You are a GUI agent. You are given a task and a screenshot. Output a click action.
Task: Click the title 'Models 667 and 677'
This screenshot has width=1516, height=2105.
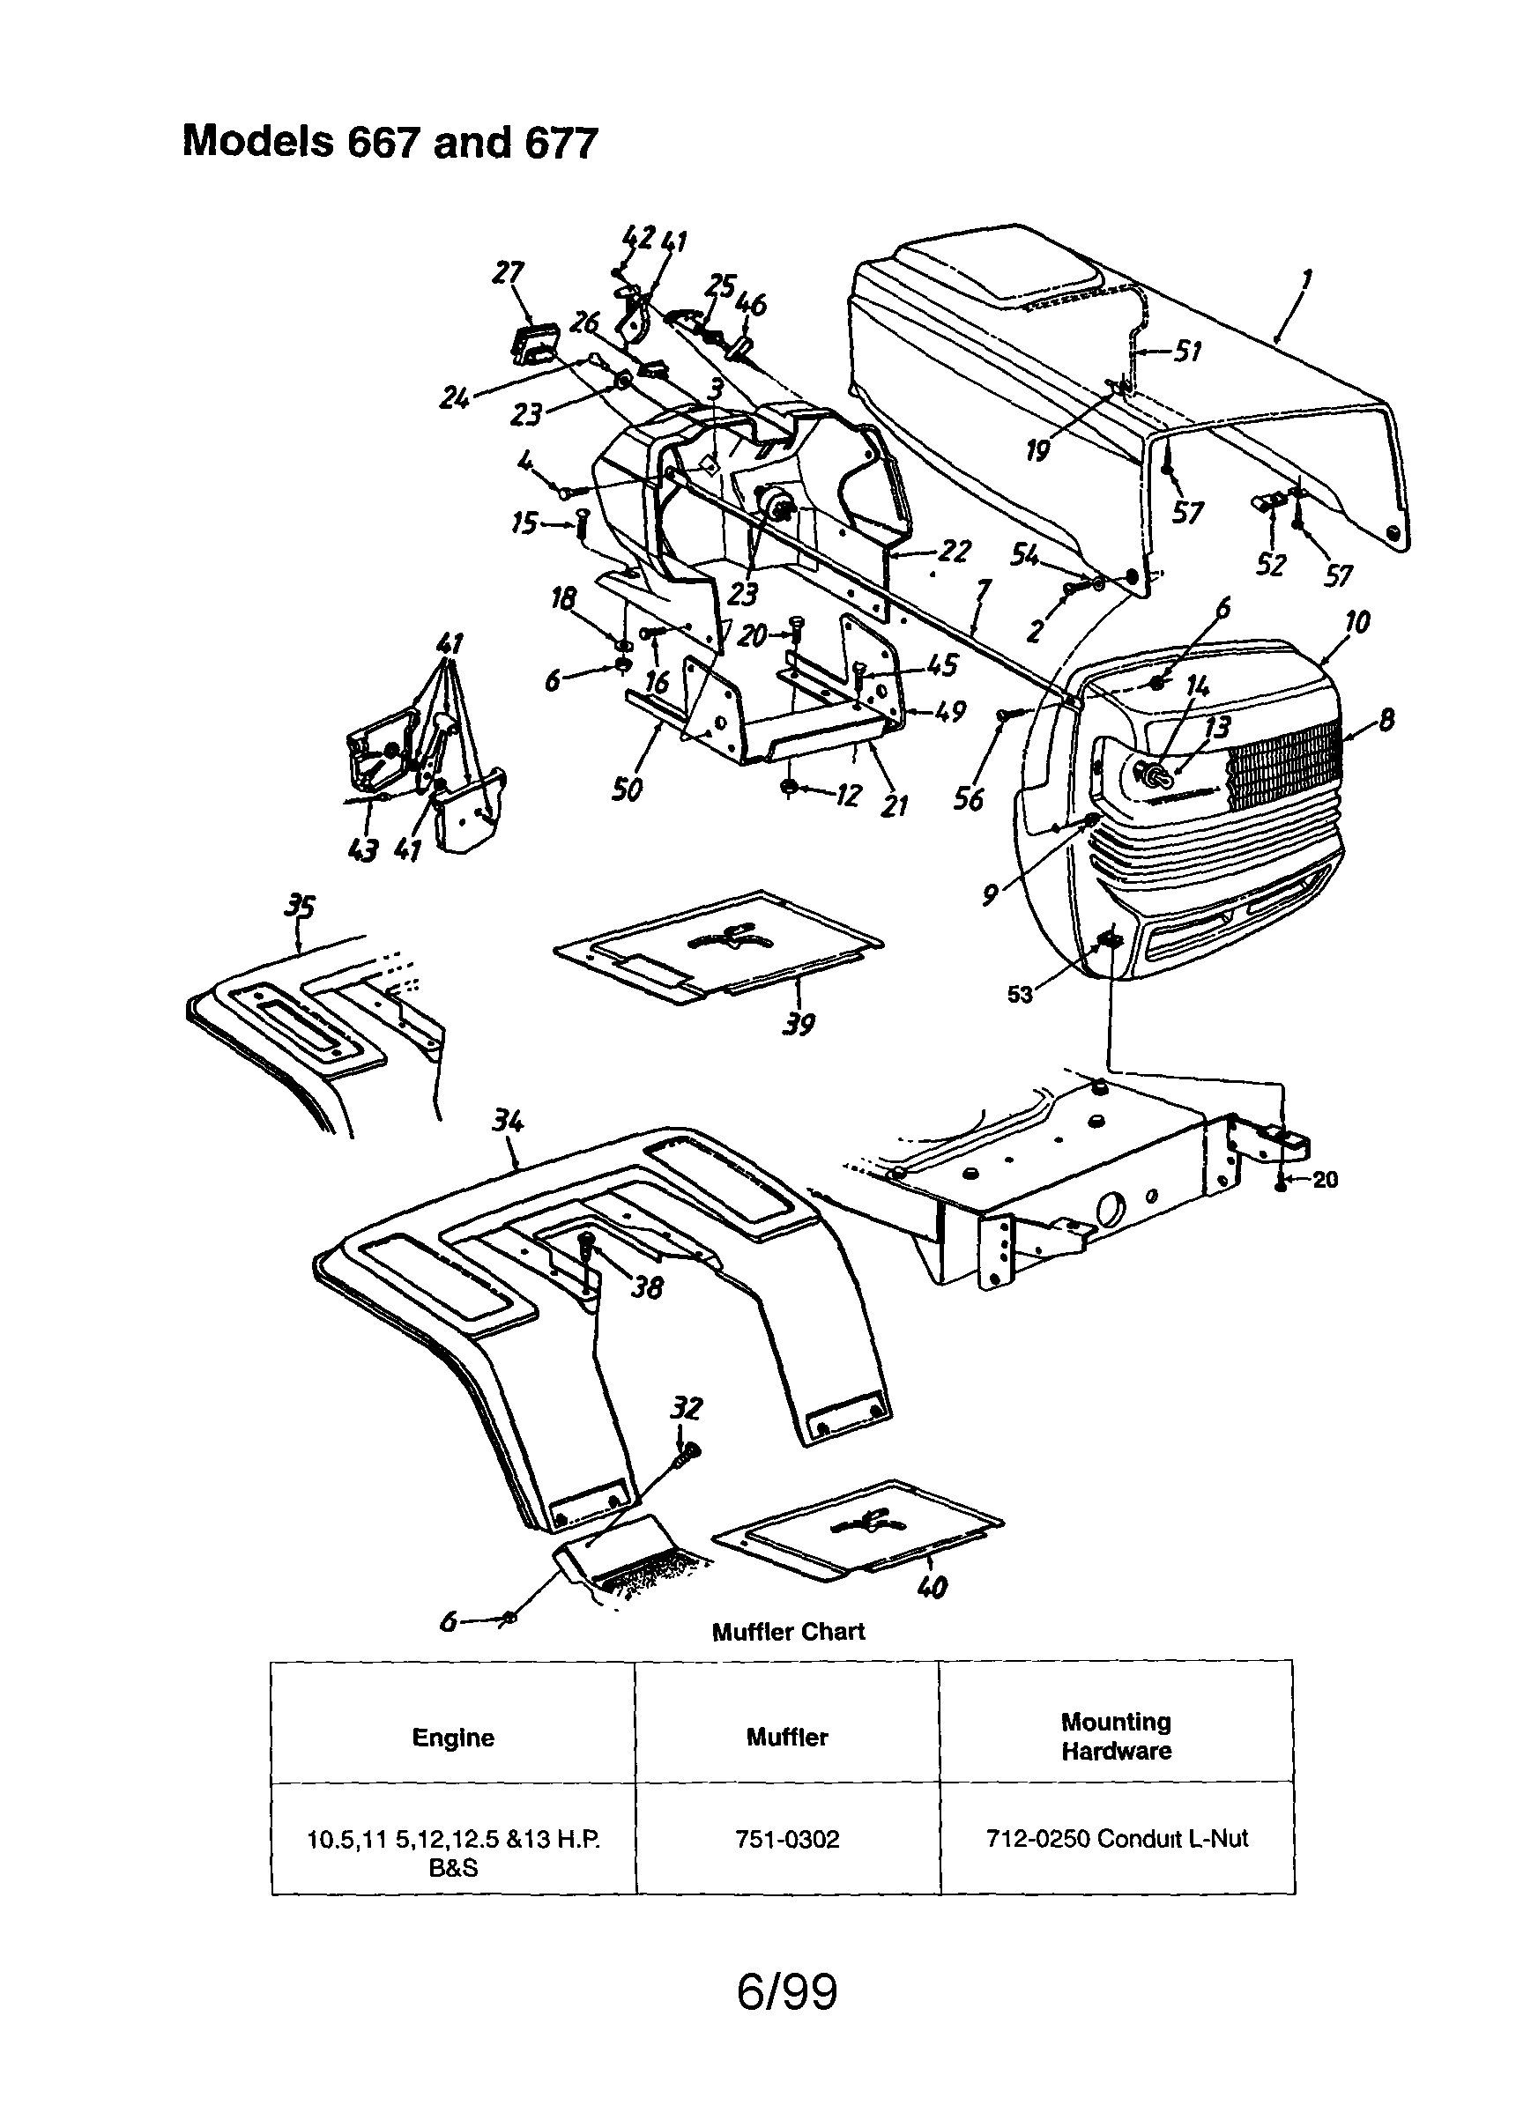(390, 143)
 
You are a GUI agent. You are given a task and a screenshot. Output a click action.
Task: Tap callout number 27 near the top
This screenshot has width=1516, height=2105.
(508, 273)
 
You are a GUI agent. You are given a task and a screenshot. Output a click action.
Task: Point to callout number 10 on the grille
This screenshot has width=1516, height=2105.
(1356, 622)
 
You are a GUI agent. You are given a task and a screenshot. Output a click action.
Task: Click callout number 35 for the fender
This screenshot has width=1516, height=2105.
(300, 906)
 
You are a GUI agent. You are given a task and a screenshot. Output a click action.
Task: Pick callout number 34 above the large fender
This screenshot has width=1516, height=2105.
(508, 1121)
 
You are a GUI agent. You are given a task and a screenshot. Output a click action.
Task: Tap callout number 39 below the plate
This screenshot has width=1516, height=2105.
(799, 1025)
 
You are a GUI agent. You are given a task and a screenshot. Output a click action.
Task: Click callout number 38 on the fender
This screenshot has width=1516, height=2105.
(647, 1287)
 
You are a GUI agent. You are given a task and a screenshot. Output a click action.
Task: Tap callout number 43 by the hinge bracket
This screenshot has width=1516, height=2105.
(363, 849)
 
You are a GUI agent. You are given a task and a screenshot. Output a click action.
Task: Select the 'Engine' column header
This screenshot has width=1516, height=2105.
(453, 1738)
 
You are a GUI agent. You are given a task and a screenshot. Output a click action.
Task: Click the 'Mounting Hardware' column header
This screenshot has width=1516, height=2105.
(1116, 1737)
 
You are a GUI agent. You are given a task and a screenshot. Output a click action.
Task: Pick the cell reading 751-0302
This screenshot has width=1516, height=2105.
(787, 1839)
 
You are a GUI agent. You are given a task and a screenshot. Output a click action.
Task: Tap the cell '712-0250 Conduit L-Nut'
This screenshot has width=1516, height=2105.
(1117, 1838)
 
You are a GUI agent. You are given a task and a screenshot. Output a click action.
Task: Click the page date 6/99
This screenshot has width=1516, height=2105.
(787, 1991)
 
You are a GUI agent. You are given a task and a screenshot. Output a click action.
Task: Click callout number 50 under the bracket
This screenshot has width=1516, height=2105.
(627, 789)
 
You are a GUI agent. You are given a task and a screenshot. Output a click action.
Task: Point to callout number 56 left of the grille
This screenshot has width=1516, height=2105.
(969, 799)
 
